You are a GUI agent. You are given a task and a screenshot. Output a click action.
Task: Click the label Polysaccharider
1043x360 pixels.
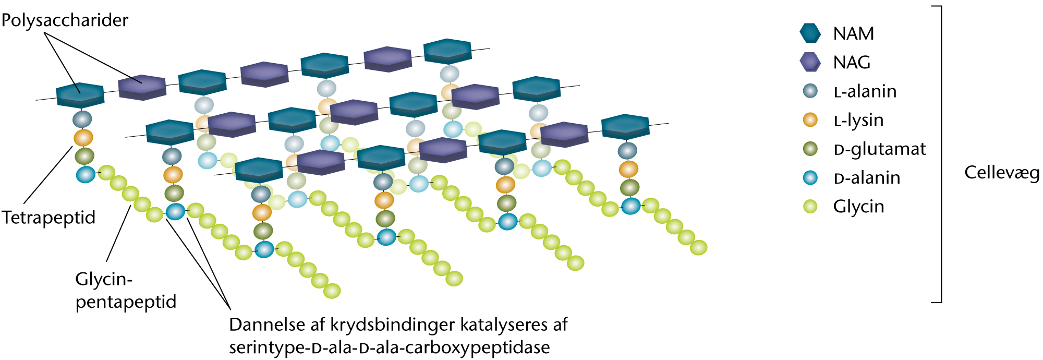click(x=65, y=20)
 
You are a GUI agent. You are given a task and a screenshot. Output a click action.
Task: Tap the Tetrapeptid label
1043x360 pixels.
click(x=48, y=217)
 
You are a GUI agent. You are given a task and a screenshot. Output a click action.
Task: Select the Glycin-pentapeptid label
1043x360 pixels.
click(x=125, y=290)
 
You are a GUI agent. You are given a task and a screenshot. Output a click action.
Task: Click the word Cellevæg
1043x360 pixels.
click(x=1001, y=172)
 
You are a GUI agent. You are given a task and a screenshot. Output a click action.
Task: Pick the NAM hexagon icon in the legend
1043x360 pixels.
click(x=810, y=33)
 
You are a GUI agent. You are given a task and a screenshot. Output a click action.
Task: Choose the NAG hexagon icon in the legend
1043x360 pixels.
click(x=810, y=62)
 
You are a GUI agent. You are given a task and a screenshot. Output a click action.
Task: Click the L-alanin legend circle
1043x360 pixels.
click(x=810, y=91)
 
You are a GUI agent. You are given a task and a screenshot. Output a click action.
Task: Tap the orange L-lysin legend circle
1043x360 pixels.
click(x=810, y=119)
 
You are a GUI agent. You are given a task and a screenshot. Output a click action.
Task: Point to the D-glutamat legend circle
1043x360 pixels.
click(x=810, y=149)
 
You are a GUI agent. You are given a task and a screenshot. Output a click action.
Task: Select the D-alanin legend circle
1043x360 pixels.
click(x=810, y=177)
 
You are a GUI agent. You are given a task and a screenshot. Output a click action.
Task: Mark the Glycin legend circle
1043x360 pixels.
click(x=810, y=207)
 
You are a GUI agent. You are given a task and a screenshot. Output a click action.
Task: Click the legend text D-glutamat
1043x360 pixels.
click(x=879, y=149)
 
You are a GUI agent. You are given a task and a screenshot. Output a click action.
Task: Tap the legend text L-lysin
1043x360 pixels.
click(x=858, y=121)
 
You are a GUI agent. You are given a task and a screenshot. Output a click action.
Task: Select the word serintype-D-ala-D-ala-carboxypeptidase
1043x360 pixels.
click(x=389, y=347)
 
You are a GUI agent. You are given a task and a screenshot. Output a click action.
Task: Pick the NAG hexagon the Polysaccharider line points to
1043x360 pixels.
click(x=142, y=87)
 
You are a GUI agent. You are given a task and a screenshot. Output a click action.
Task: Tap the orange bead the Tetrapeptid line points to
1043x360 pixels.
click(x=83, y=138)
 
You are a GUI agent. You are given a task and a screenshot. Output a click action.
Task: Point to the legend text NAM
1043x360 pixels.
click(x=853, y=33)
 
